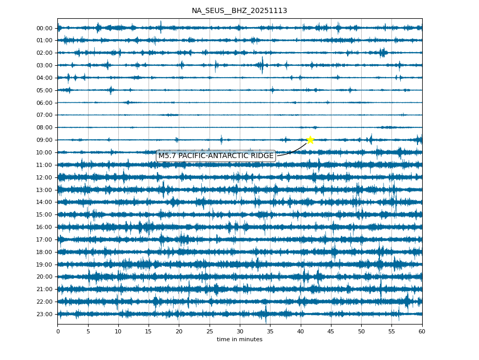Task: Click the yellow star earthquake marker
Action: coord(310,140)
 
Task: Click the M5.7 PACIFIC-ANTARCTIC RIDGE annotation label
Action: coord(216,156)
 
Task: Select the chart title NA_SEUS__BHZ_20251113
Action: coord(239,10)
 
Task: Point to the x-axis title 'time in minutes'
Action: coord(239,340)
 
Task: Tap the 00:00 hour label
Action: coord(45,28)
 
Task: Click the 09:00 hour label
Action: coord(45,140)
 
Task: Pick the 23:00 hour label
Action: coord(45,314)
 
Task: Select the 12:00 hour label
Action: coord(45,177)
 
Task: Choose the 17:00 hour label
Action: coord(45,239)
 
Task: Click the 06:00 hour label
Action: coord(45,103)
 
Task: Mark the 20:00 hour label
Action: coord(45,277)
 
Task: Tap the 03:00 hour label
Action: coord(45,65)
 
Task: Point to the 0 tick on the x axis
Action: coord(58,331)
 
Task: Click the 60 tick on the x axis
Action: coord(422,331)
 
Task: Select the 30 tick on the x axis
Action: coord(240,331)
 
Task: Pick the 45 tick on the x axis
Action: coord(331,331)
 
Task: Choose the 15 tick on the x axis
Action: coord(149,331)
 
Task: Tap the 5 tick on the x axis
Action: coord(88,331)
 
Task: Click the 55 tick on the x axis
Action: coord(391,331)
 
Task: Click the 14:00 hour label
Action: coord(45,202)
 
